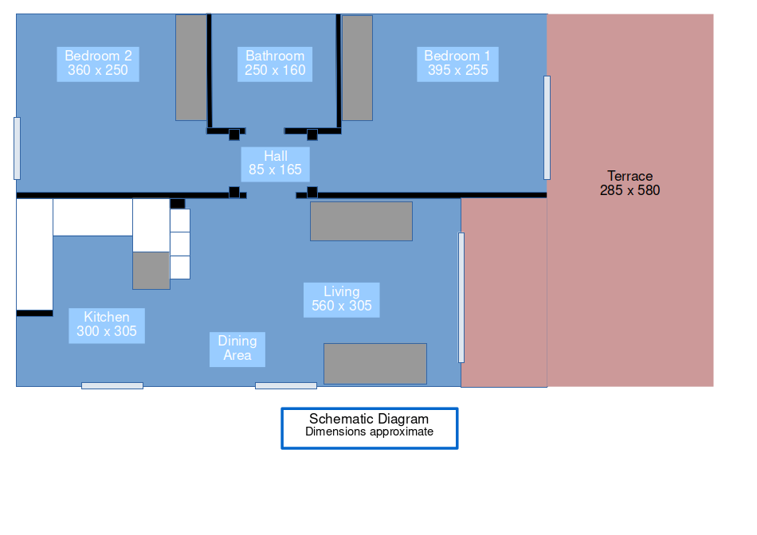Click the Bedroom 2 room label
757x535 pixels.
[98, 64]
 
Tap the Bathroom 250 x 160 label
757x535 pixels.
[275, 64]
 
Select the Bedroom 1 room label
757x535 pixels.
[457, 64]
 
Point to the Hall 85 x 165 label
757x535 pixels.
[275, 163]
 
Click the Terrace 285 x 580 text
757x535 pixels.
[630, 183]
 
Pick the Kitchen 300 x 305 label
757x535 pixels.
[107, 325]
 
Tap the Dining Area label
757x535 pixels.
[237, 349]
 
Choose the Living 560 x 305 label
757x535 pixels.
[341, 299]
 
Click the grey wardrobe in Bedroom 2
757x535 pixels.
[191, 68]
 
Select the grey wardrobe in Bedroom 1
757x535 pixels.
[357, 68]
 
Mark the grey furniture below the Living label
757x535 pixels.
[375, 363]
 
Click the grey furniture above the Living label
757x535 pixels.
[361, 221]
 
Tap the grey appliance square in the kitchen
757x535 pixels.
[151, 271]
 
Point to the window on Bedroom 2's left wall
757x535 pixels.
[17, 148]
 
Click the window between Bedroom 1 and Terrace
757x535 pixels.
[547, 127]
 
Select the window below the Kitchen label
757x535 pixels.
[112, 386]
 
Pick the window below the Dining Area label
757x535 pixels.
[286, 386]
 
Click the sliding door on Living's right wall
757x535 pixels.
[461, 297]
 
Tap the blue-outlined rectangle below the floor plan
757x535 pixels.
[370, 428]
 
